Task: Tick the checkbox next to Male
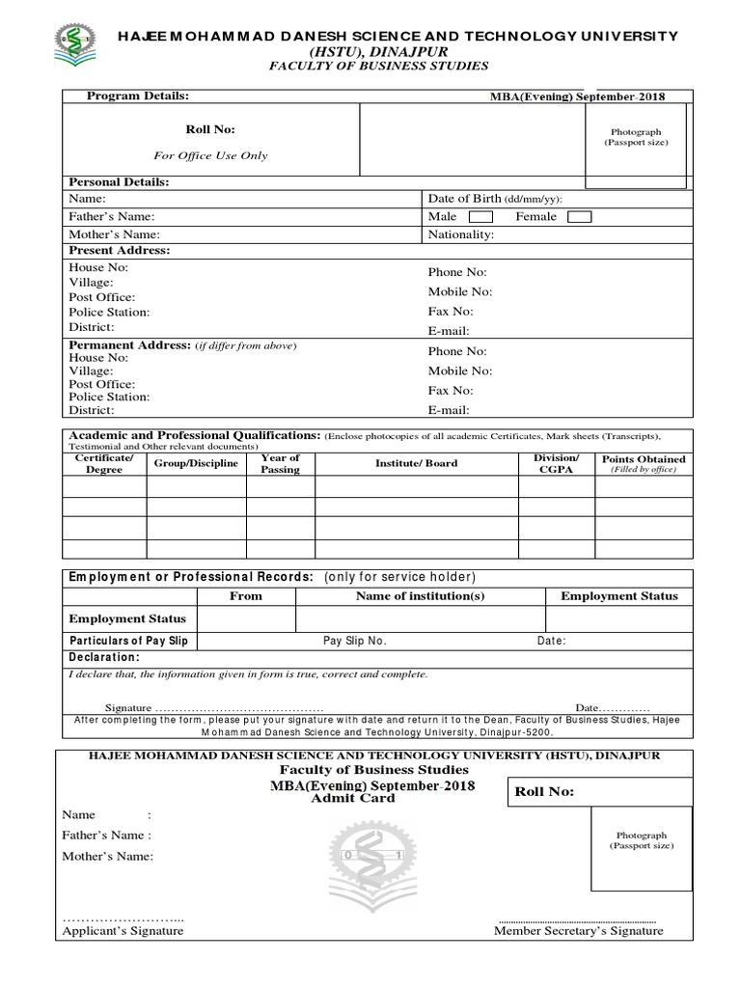(x=480, y=217)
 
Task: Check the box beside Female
(x=579, y=217)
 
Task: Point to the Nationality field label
(x=461, y=234)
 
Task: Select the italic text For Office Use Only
(x=210, y=155)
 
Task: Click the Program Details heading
(x=138, y=96)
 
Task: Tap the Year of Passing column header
(x=280, y=464)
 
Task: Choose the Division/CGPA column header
(x=556, y=464)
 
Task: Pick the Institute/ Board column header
(x=416, y=464)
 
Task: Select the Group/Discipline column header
(x=196, y=464)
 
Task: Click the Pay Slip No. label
(x=354, y=641)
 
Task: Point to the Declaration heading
(x=103, y=657)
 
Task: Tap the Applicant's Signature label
(x=123, y=931)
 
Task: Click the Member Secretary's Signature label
(x=578, y=931)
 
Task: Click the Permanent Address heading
(x=128, y=345)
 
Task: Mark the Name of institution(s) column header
(x=420, y=596)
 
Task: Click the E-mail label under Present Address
(x=449, y=331)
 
